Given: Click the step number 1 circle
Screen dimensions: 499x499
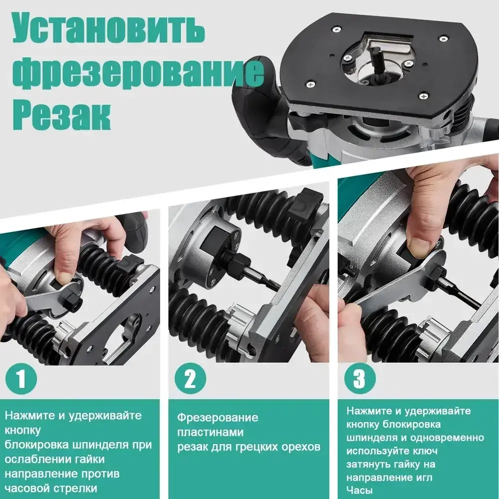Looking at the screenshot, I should pyautogui.click(x=20, y=379).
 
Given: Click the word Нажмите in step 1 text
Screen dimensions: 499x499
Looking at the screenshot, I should pyautogui.click(x=26, y=415).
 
